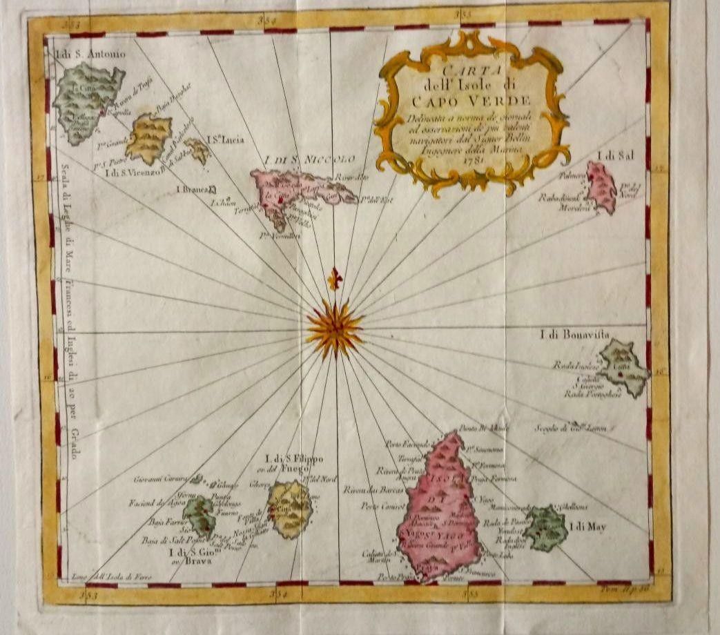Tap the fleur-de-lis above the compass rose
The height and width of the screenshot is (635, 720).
[x=335, y=278]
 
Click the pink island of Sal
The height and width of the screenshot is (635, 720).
[x=601, y=186]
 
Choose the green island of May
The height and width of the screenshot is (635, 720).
[x=545, y=527]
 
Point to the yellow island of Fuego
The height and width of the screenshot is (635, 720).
[x=289, y=509]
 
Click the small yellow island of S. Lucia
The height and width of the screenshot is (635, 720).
[x=198, y=150]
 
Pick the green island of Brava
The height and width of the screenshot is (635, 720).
[x=199, y=516]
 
